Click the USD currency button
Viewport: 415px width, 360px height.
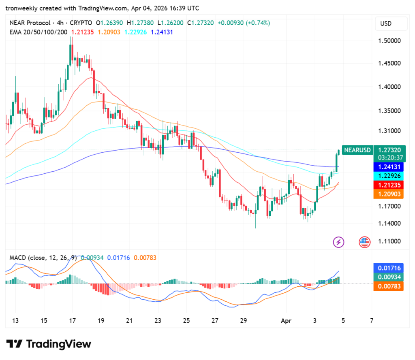391,23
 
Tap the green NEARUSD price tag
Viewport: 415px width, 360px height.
357,150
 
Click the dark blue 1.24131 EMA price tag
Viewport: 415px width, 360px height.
388,167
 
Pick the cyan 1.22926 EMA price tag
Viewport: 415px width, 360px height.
388,176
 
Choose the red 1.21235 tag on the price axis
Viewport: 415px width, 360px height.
388,185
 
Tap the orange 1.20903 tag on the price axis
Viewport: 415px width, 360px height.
388,194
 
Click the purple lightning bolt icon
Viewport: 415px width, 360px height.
338,242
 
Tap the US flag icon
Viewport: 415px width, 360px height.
364,242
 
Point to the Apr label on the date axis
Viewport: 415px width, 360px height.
287,320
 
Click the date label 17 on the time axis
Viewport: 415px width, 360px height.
72,320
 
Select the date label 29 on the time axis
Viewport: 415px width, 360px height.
243,320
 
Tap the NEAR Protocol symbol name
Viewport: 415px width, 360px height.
31,23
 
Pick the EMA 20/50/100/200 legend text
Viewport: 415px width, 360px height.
39,32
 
